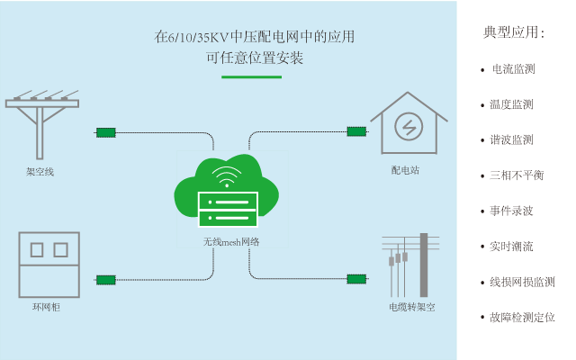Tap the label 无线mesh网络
tap(231, 241)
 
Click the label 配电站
tap(405, 169)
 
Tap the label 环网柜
tap(46, 307)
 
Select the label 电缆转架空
tap(411, 307)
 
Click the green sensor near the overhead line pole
tap(106, 132)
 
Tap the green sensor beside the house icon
tap(356, 131)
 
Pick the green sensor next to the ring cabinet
tap(106, 280)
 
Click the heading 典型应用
tap(514, 33)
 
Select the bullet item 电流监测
tap(513, 69)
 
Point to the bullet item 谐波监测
tap(511, 140)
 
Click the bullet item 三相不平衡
tap(517, 175)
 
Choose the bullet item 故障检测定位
tap(522, 317)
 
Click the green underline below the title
tap(252, 77)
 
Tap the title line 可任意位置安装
tap(254, 58)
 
